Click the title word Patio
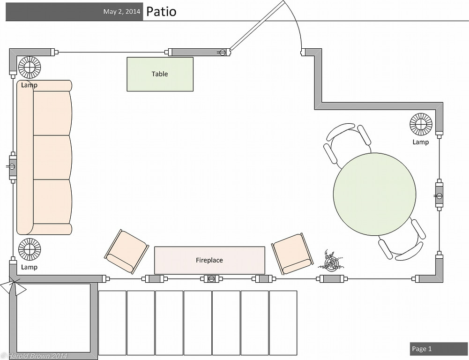pyautogui.click(x=161, y=12)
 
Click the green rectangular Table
pyautogui.click(x=160, y=74)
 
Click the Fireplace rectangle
pyautogui.click(x=209, y=260)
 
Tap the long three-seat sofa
pyautogui.click(x=45, y=157)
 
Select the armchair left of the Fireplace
pyautogui.click(x=126, y=251)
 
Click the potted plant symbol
pyautogui.click(x=331, y=262)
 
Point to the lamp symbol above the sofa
pyautogui.click(x=30, y=67)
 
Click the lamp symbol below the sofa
pyautogui.click(x=30, y=249)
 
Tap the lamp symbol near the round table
pyautogui.click(x=421, y=124)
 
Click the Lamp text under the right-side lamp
pyautogui.click(x=420, y=142)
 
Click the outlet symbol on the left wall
pyautogui.click(x=12, y=166)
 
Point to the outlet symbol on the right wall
pyautogui.click(x=439, y=195)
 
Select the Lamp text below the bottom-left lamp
pyautogui.click(x=29, y=267)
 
